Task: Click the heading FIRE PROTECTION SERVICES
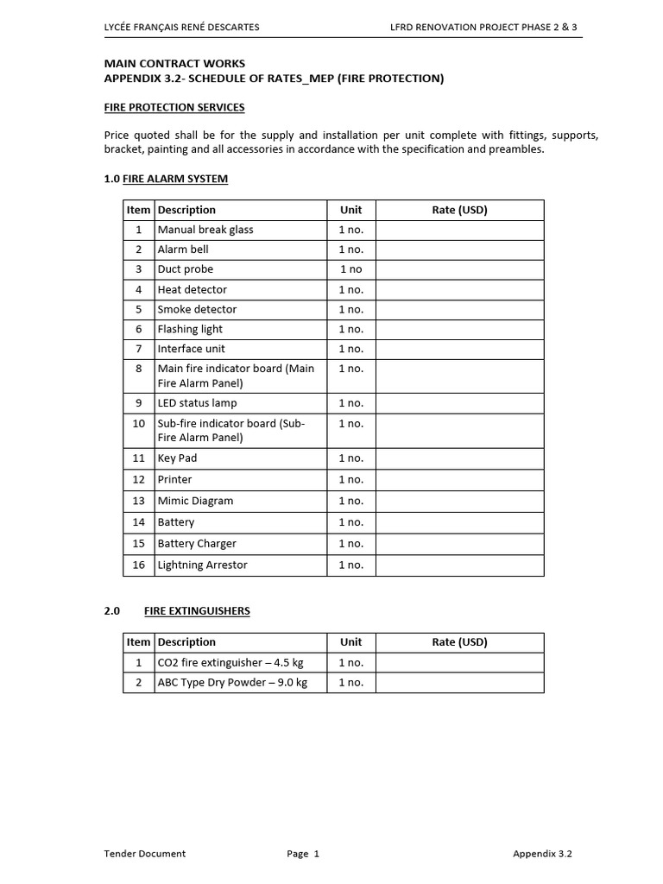pos(174,108)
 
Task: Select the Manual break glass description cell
pos(205,230)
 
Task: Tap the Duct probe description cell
pos(186,269)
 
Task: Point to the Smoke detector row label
pos(197,309)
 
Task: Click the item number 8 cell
pos(138,369)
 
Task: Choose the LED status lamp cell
pos(197,403)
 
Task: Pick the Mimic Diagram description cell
pos(195,501)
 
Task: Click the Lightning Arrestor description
pos(202,565)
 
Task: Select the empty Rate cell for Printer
pos(459,480)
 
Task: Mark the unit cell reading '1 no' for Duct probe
pos(350,269)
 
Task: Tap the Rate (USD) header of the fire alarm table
pos(459,210)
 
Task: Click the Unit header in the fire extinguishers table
pos(350,642)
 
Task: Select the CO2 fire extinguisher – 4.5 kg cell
pos(230,663)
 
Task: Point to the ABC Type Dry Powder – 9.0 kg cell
pos(232,683)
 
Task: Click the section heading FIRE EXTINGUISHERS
pos(197,611)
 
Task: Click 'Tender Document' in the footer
pos(144,854)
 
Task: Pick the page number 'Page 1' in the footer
pos(303,854)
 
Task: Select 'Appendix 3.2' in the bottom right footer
pos(542,854)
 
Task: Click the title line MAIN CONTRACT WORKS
pos(174,64)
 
